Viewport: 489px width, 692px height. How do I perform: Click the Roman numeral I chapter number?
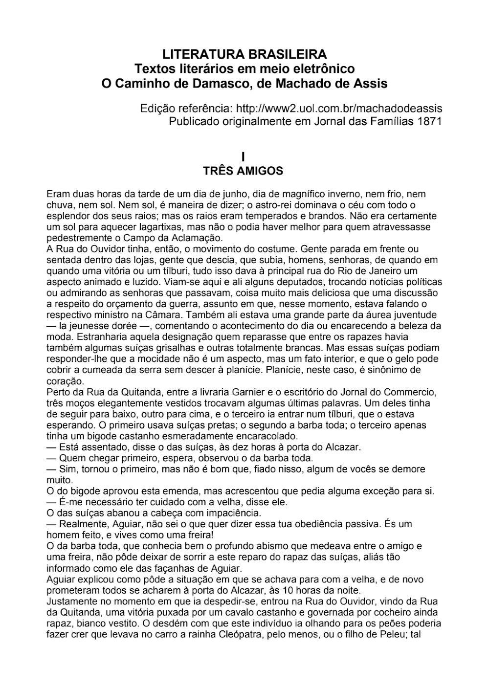pyautogui.click(x=243, y=156)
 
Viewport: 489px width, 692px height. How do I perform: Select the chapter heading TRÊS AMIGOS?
pyautogui.click(x=243, y=171)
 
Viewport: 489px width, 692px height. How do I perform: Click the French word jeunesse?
pyautogui.click(x=87, y=326)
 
